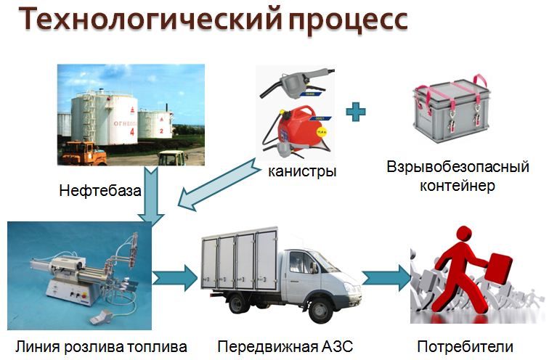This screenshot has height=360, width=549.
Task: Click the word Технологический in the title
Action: (150, 19)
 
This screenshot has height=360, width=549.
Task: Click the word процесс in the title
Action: (349, 21)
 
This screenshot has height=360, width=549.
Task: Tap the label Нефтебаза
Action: (100, 191)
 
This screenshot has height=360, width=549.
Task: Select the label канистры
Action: (302, 171)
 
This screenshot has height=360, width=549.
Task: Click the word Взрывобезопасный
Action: (457, 168)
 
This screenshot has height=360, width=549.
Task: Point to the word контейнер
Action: (457, 185)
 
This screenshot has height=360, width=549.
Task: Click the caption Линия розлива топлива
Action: (101, 347)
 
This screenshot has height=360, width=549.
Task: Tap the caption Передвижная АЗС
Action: (285, 347)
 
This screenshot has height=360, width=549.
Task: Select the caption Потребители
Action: (465, 347)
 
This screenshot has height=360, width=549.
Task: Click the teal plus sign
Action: (356, 112)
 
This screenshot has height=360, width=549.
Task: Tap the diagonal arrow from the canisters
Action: (219, 184)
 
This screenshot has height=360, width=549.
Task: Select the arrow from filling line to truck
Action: (175, 278)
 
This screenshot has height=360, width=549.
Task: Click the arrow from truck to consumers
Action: (387, 278)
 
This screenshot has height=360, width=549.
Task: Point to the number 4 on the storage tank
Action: (132, 132)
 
